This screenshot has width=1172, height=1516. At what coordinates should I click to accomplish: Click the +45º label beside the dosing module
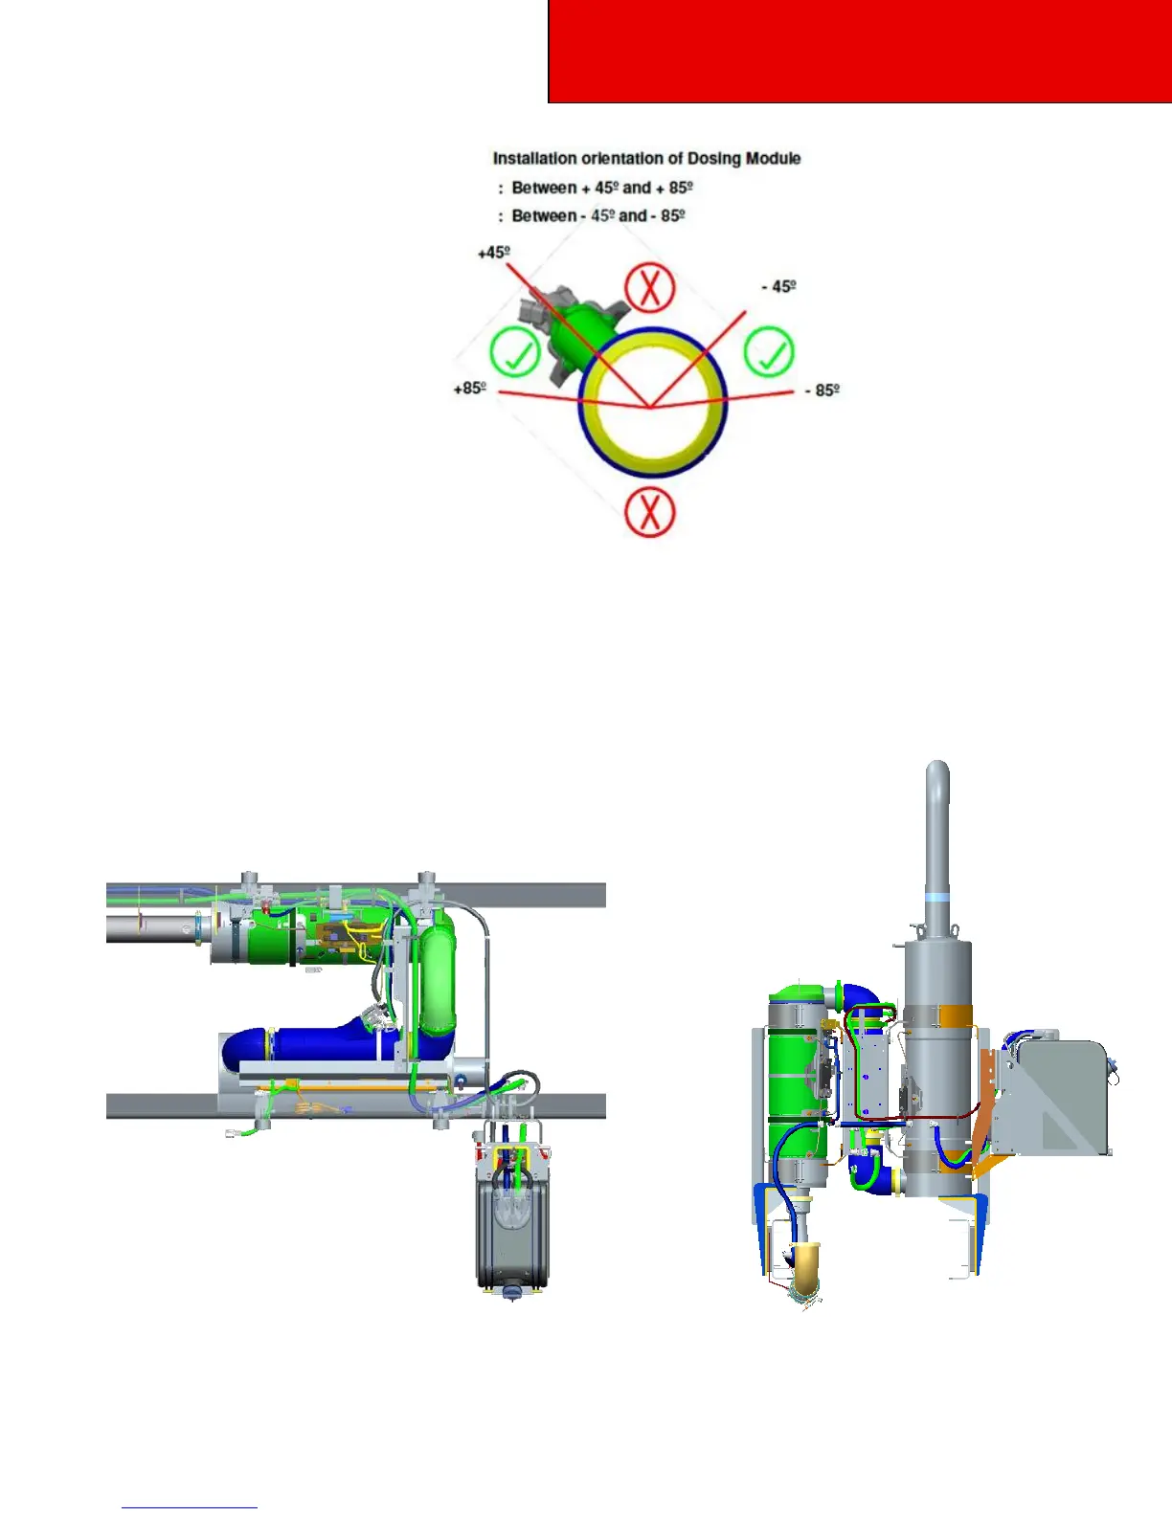point(493,252)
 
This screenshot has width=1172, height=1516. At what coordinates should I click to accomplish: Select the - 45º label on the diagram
point(779,286)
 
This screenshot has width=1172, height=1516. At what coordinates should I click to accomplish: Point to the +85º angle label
point(470,388)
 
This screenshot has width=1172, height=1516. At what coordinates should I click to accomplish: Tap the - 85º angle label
point(822,390)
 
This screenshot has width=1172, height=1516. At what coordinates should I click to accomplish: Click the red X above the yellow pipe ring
point(649,287)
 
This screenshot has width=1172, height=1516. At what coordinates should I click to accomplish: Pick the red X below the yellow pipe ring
point(650,512)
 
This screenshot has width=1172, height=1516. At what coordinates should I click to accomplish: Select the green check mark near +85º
point(515,351)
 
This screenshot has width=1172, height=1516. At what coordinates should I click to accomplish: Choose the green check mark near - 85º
point(769,351)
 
